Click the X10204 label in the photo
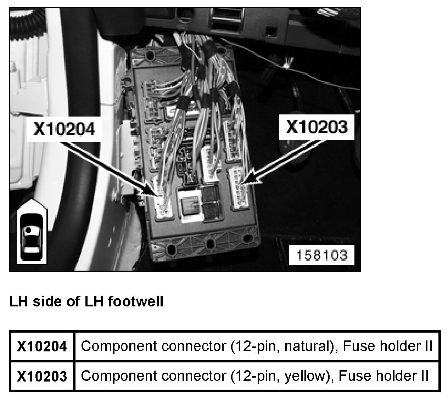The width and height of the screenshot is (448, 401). click(x=64, y=129)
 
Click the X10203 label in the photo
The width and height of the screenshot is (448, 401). click(x=317, y=127)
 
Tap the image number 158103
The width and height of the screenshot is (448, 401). click(x=321, y=255)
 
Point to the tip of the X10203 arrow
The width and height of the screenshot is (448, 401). click(x=241, y=184)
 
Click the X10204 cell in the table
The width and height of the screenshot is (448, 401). click(x=42, y=346)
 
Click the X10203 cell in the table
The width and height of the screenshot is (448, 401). click(x=42, y=376)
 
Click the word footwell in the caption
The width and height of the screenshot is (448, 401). click(x=135, y=301)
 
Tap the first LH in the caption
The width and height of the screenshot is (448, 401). click(x=18, y=301)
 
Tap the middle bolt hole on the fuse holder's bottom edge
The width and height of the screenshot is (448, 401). click(x=210, y=245)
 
